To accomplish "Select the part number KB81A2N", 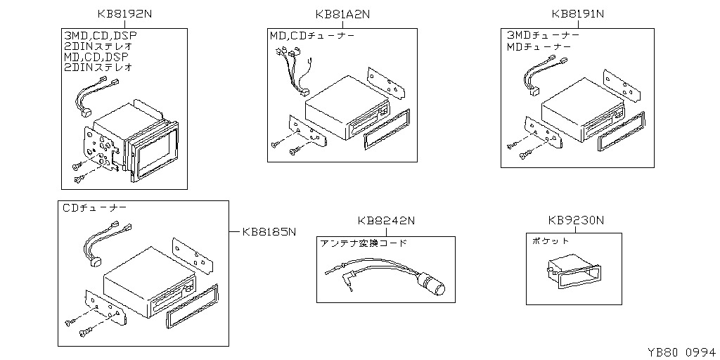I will coord(342,13).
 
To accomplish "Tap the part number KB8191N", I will coord(578,13).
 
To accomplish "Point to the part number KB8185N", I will coord(268,231).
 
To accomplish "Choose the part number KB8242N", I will coord(386,221).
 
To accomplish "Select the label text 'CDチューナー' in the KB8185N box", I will coord(95,208).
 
